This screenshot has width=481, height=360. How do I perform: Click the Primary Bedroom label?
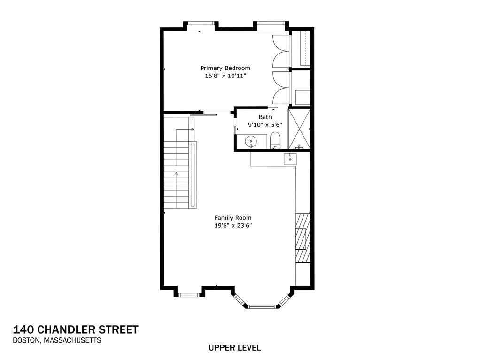[225, 68]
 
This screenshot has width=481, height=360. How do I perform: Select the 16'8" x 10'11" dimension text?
[225, 76]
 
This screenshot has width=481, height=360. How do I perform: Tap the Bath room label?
[265, 117]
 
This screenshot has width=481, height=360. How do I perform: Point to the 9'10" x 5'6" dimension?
[265, 125]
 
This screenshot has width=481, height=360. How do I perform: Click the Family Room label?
[233, 218]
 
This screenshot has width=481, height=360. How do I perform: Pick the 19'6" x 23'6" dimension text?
[233, 225]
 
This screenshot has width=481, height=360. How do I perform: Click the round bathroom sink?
[251, 140]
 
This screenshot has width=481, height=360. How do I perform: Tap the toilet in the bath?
[275, 139]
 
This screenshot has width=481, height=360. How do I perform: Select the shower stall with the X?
[299, 129]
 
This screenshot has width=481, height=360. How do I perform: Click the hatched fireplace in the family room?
[303, 237]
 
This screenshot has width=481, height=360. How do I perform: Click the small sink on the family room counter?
[291, 159]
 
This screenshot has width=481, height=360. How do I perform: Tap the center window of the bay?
[263, 306]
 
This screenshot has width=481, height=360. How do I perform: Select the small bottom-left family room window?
[189, 295]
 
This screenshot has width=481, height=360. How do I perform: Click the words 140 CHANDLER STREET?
[76, 329]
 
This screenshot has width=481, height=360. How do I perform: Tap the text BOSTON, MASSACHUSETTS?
[57, 341]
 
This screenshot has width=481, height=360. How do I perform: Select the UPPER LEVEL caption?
[234, 348]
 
